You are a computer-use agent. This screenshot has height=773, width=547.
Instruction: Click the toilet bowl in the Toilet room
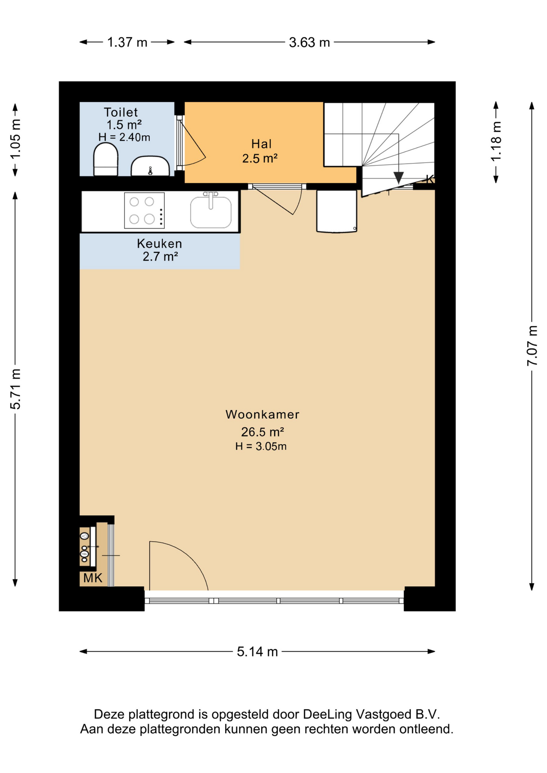point(106,159)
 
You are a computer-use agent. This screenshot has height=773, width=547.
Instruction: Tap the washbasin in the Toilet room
point(150,166)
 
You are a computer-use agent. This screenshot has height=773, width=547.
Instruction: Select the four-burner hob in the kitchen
point(144,211)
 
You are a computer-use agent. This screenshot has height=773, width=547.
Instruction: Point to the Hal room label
point(261,144)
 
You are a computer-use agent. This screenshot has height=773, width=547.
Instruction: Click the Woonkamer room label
point(262,414)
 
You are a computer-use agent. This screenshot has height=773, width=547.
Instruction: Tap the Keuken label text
point(160,244)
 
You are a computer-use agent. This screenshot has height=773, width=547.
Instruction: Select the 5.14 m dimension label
point(257,651)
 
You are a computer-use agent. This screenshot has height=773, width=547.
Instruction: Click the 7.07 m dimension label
point(532,346)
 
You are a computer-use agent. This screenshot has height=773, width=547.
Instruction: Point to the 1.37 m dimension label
point(127,42)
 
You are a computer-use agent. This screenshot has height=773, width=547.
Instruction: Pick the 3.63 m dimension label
point(309,42)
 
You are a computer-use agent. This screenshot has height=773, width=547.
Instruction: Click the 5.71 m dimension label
point(15,389)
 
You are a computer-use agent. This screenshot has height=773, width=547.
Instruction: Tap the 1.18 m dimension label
point(496,141)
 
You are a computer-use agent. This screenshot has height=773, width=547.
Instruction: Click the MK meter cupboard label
point(93,578)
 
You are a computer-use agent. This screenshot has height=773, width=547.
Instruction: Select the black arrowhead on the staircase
point(398,178)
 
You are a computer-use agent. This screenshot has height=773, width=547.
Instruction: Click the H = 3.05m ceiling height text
point(261,446)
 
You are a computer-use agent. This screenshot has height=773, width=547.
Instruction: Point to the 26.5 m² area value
point(263,432)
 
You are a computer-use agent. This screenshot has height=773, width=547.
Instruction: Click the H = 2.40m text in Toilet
point(124,137)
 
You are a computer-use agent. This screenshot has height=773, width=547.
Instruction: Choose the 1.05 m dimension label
point(15,139)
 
